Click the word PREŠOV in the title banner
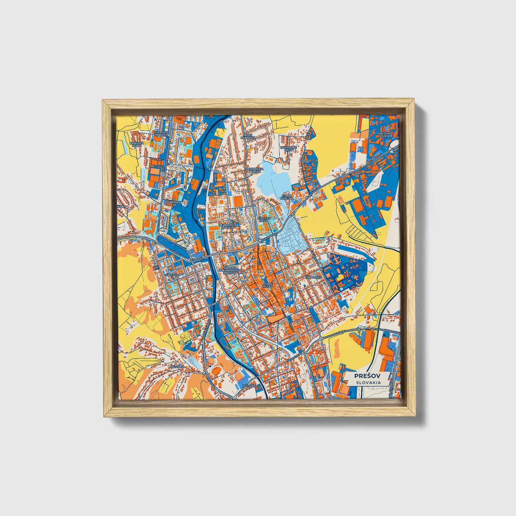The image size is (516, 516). click(x=367, y=376)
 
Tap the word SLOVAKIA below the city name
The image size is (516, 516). click(x=367, y=382)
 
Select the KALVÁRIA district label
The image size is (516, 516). click(x=177, y=367)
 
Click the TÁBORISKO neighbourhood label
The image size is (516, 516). click(x=314, y=277)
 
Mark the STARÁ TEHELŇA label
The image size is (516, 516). click(x=286, y=197)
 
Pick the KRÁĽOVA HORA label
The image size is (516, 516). click(x=136, y=144)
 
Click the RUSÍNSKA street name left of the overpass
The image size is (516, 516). click(x=341, y=333)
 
